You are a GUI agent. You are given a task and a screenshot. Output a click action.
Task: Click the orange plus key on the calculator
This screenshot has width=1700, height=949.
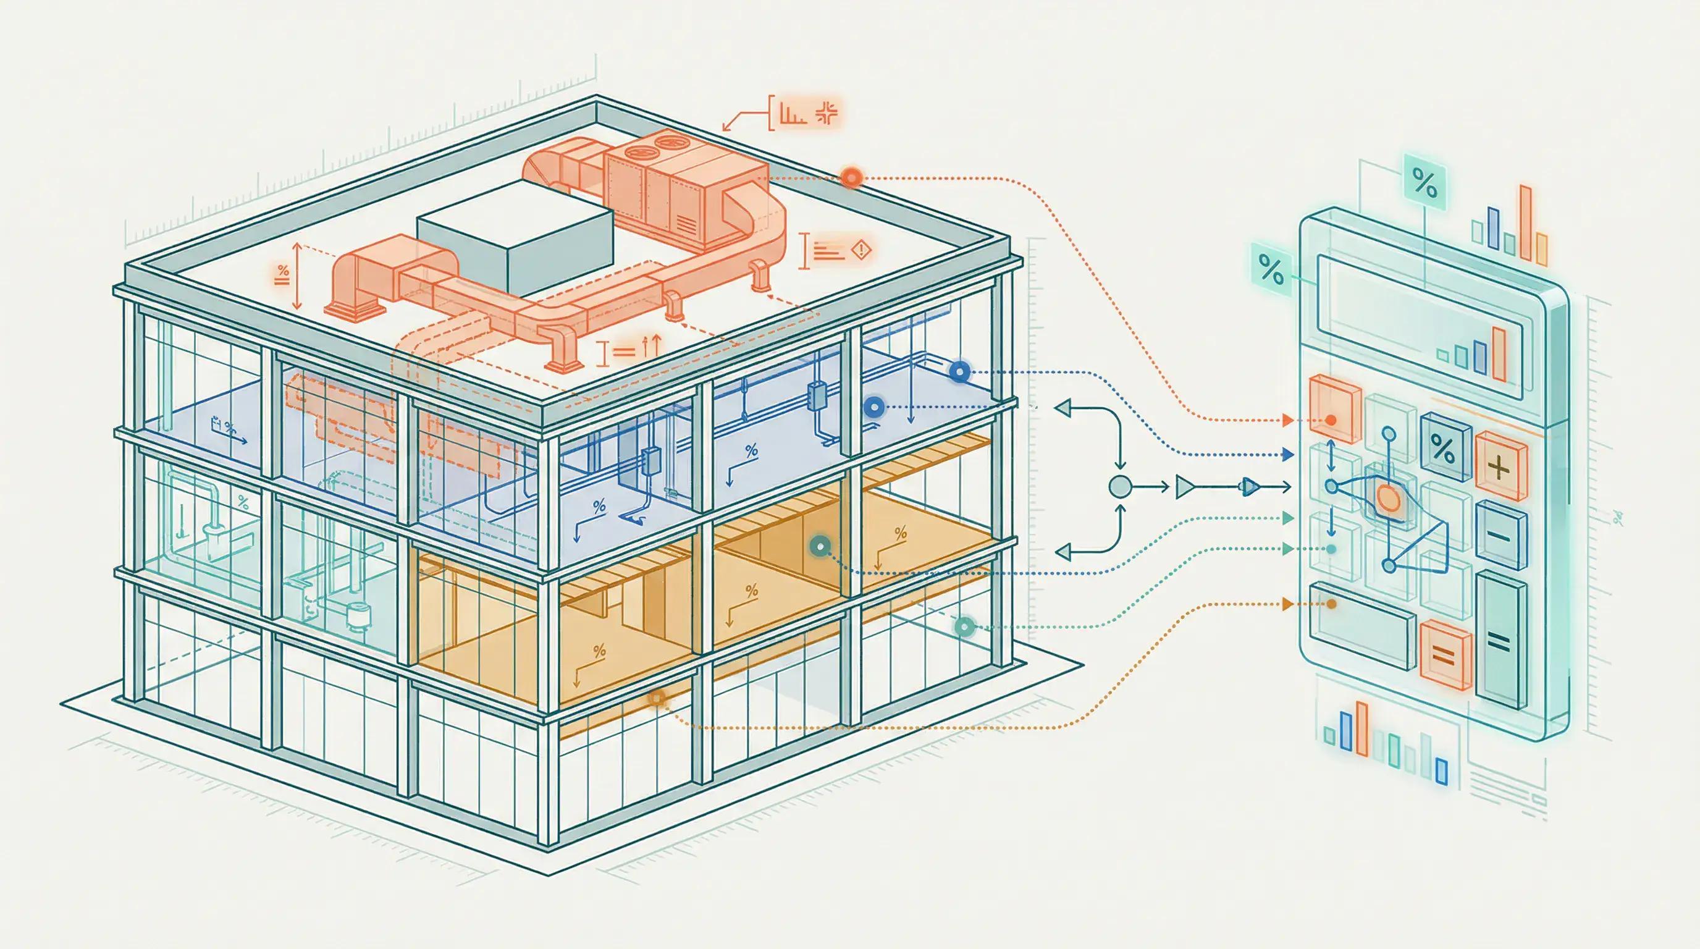pyautogui.click(x=1500, y=467)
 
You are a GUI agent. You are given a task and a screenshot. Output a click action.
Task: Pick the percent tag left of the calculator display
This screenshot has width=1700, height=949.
pyautogui.click(x=1271, y=269)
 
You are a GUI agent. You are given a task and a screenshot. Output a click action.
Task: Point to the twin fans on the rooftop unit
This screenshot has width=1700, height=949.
pyautogui.click(x=649, y=155)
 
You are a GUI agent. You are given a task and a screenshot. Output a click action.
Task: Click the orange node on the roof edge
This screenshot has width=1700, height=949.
pyautogui.click(x=851, y=177)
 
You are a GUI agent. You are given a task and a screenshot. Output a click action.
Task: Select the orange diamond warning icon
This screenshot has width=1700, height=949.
pyautogui.click(x=862, y=251)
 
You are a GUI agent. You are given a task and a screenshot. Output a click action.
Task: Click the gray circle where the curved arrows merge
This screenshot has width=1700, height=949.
pyautogui.click(x=1120, y=487)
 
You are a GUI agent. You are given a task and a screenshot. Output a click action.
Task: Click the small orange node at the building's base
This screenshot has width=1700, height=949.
pyautogui.click(x=657, y=698)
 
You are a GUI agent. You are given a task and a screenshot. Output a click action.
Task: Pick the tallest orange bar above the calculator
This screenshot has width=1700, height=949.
pyautogui.click(x=1525, y=222)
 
